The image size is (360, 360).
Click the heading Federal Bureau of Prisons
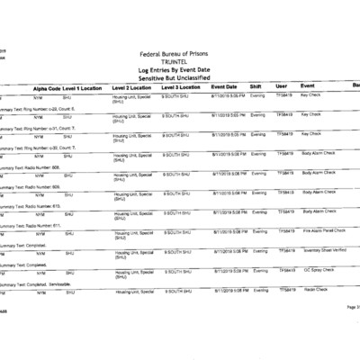181,54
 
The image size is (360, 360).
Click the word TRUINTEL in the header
181,62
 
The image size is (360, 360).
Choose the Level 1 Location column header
82,87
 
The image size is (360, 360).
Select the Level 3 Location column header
181,87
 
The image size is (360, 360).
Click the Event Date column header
224,87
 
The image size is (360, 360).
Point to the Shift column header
256,87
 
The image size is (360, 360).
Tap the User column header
281,87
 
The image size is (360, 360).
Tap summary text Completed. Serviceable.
40,283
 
